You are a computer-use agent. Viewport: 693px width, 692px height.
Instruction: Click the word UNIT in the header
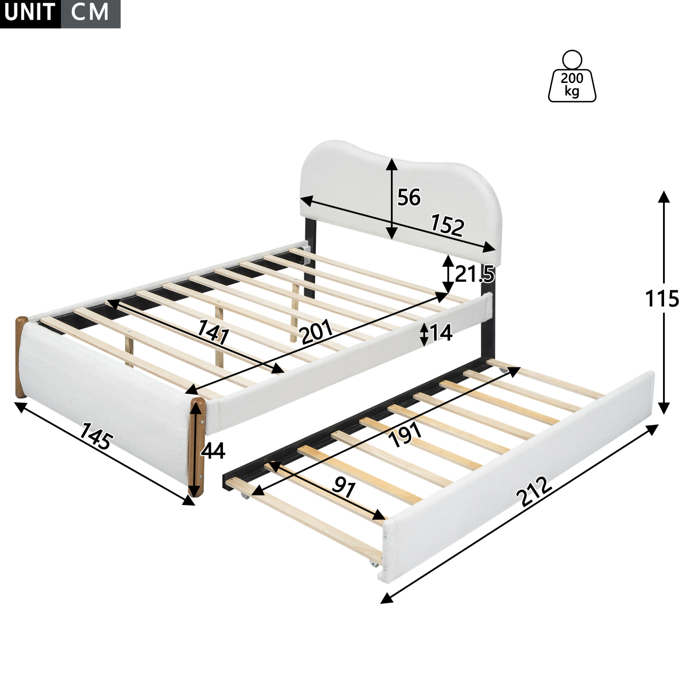point(30,12)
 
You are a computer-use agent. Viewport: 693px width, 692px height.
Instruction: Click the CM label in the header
point(90,12)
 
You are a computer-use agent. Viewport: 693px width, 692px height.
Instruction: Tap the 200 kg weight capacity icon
point(572,76)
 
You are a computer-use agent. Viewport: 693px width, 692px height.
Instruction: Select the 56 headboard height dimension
point(408,197)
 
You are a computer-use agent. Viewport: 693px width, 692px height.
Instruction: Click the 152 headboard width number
point(447,225)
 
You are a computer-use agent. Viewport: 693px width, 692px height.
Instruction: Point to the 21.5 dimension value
point(474,275)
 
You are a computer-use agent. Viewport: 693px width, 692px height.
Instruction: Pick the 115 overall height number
point(662,299)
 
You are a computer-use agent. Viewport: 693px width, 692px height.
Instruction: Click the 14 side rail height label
point(440,333)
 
